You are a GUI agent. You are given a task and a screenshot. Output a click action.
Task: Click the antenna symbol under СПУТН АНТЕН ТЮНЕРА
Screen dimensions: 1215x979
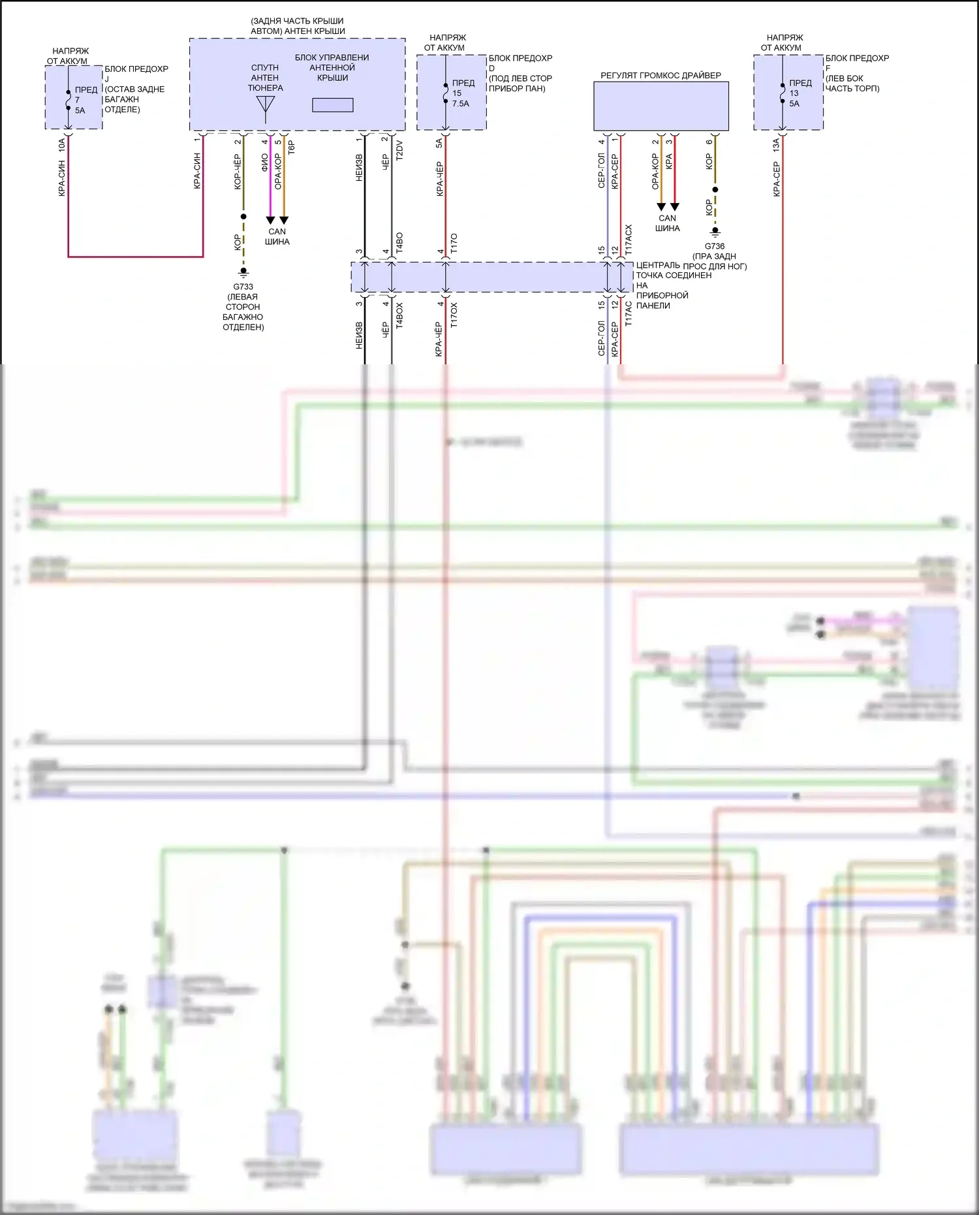click(x=266, y=108)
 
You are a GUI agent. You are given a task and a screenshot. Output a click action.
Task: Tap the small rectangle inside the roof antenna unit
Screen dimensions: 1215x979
click(x=333, y=104)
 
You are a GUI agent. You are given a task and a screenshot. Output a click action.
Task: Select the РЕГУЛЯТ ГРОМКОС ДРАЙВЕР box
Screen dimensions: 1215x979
click(x=660, y=106)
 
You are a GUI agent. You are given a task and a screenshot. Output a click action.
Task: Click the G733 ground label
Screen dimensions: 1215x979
click(x=243, y=287)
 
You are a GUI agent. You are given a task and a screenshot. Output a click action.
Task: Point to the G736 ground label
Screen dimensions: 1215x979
click(x=715, y=246)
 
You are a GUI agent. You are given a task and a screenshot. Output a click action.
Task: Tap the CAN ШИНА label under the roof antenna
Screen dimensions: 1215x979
click(x=277, y=236)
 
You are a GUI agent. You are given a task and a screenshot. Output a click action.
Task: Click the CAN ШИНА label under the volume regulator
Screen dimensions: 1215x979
click(x=667, y=223)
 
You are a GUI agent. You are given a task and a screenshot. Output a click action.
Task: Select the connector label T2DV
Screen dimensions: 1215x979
click(x=399, y=150)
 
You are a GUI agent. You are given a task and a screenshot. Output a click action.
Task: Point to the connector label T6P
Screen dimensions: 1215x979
click(x=292, y=148)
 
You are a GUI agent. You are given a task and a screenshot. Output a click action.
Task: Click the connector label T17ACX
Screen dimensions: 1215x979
click(x=629, y=240)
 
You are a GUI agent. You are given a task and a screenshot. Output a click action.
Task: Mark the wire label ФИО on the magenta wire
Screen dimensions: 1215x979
click(x=264, y=163)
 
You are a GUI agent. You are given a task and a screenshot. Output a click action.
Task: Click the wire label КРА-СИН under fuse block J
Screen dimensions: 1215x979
click(x=62, y=178)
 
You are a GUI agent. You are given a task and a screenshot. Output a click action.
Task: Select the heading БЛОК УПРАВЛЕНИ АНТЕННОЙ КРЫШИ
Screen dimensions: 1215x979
click(x=332, y=67)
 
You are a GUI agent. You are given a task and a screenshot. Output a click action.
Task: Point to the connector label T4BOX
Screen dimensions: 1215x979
click(x=399, y=315)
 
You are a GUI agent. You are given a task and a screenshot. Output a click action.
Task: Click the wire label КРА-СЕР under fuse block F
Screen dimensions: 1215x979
click(x=777, y=179)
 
